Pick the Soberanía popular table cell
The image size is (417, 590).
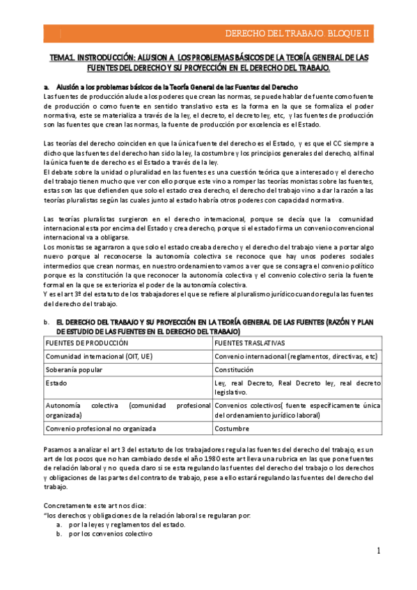(x=75, y=369)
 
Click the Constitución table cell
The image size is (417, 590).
(x=239, y=369)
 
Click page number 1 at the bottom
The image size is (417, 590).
(x=378, y=550)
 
